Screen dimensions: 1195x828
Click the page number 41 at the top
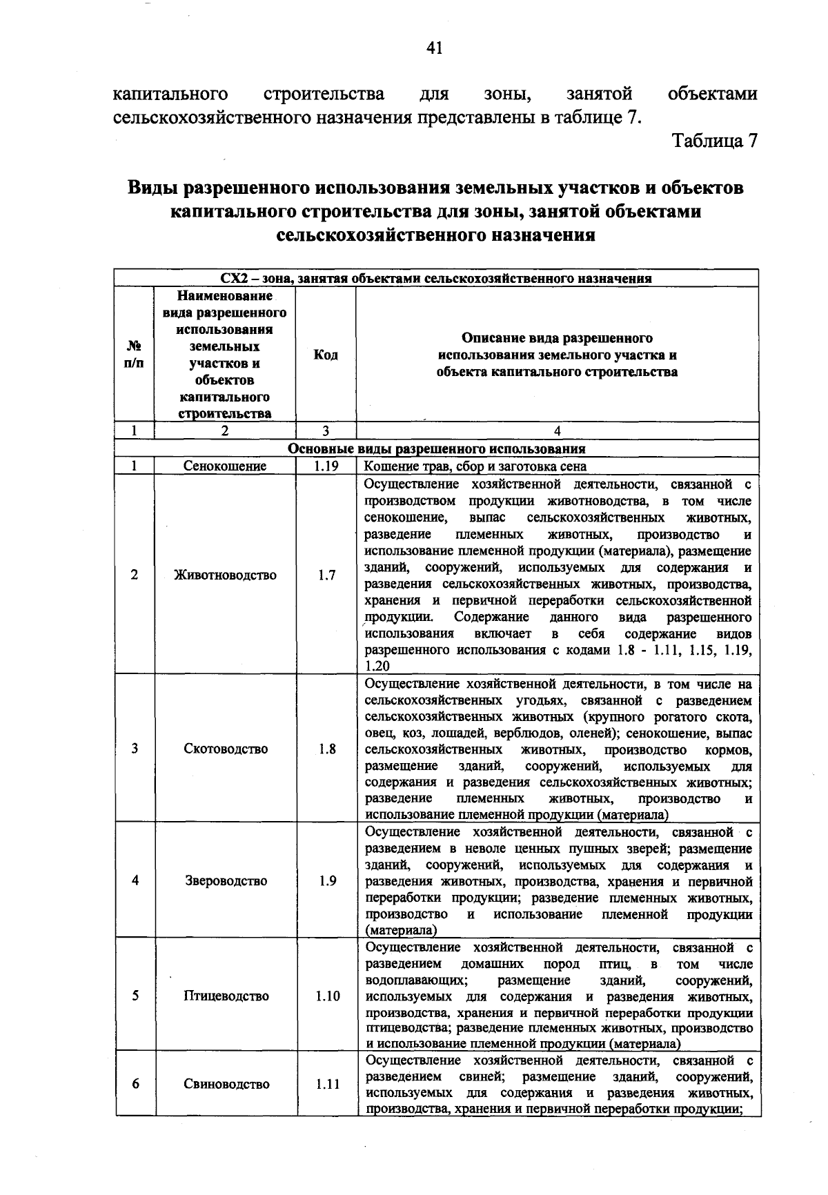pos(434,48)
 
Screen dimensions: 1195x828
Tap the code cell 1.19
pos(325,466)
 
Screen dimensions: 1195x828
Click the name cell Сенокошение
pos(225,466)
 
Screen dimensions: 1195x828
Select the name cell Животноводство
pos(225,575)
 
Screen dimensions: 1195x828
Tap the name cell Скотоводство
pos(225,749)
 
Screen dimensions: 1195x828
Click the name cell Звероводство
pos(225,880)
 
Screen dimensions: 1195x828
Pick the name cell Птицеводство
pos(225,996)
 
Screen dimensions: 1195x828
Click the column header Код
pos(326,355)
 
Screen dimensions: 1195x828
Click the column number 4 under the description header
pos(557,431)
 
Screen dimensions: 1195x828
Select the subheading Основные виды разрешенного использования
pos(436,448)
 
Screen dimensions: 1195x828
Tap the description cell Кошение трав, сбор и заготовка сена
pos(475,466)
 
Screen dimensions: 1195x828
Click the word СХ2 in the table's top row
pos(233,279)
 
